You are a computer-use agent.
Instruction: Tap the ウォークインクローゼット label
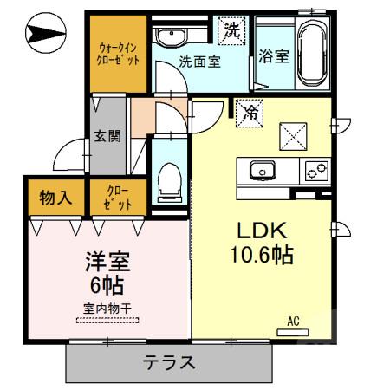tap(119, 53)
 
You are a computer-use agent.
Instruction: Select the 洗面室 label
tap(198, 62)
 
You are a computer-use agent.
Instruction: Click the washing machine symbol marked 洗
tap(232, 29)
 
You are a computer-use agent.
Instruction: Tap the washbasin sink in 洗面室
tap(171, 36)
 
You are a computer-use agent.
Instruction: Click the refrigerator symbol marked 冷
tap(250, 112)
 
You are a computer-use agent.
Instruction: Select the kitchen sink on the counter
tap(263, 170)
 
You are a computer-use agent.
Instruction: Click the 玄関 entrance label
tap(107, 136)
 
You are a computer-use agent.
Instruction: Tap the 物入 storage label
tap(55, 199)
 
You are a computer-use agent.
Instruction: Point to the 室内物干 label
tap(107, 307)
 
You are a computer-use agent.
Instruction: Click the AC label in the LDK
tap(293, 322)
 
